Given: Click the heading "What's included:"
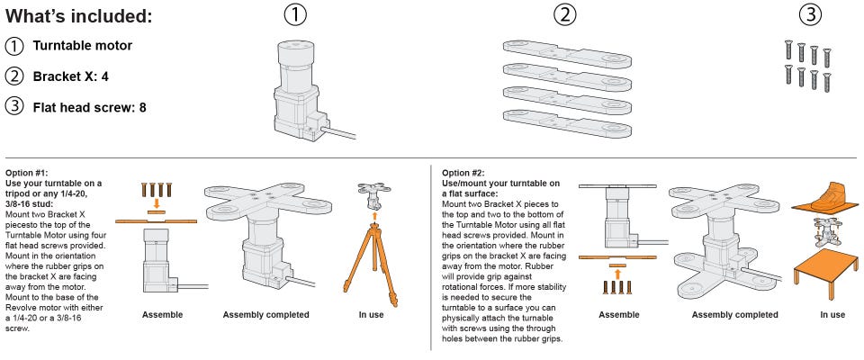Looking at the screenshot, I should tap(78, 16).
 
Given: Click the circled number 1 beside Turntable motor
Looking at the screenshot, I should tap(14, 46).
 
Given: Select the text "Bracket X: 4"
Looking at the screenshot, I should tap(70, 76).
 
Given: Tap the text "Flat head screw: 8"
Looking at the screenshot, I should tap(89, 107).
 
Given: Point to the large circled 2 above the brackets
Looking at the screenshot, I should tap(564, 14).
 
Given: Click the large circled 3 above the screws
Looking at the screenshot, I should tap(810, 14).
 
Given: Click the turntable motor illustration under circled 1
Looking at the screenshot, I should tap(297, 89).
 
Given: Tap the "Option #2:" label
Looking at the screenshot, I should tap(463, 172).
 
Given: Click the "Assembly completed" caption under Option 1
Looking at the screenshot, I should tap(265, 315).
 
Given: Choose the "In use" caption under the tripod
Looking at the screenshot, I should tap(371, 315).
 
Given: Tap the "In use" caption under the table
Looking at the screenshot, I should tap(832, 315).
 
